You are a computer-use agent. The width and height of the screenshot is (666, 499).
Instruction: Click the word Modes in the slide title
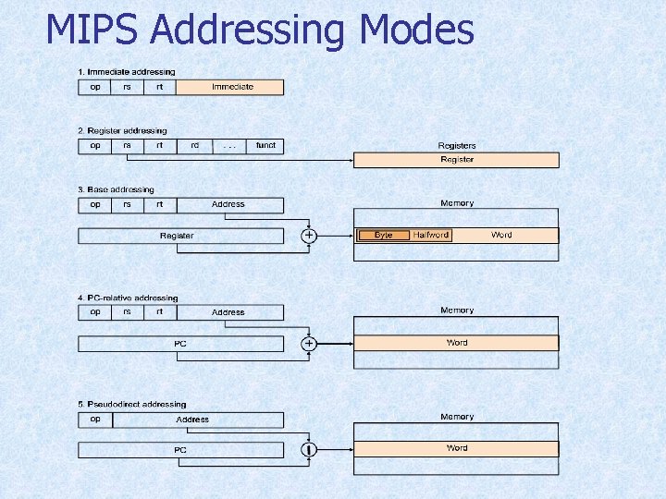point(417,30)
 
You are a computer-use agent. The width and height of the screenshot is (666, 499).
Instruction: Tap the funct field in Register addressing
point(265,145)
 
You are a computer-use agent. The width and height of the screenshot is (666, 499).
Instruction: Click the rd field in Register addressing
point(194,145)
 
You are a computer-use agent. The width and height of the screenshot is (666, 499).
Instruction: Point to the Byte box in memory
point(384,236)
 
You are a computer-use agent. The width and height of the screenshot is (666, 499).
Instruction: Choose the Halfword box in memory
point(431,236)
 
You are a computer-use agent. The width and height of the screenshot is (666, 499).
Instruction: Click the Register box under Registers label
point(457,160)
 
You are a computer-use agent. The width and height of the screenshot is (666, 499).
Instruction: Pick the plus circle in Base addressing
point(309,236)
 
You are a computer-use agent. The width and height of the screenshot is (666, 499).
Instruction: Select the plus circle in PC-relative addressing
point(309,343)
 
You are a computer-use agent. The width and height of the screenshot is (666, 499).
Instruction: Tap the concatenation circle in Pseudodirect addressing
point(309,449)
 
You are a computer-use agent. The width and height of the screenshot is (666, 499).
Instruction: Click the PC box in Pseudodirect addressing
point(180,450)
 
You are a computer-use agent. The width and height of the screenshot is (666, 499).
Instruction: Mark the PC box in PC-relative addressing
point(180,344)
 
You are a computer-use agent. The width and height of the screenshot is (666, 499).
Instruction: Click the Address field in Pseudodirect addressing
point(192,420)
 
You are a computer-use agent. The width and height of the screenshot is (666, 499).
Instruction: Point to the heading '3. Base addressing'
point(116,189)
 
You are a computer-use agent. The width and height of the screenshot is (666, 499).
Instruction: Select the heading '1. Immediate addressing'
point(127,72)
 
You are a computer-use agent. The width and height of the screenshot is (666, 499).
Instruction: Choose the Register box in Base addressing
point(177,236)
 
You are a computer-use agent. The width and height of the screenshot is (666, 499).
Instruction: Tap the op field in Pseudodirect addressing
point(95,419)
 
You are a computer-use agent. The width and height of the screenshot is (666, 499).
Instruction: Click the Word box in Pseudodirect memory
point(457,448)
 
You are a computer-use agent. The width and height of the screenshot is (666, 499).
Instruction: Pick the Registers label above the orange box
point(457,145)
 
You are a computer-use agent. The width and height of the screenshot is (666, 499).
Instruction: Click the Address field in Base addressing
point(228,204)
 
